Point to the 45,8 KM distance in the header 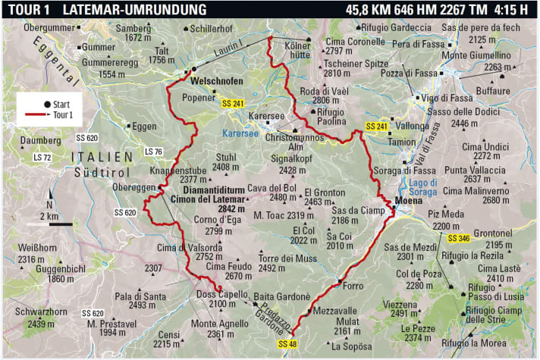pyautogui.click(x=372, y=9)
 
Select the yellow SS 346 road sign pyautogui.click(x=460, y=239)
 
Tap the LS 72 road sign pyautogui.click(x=44, y=158)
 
